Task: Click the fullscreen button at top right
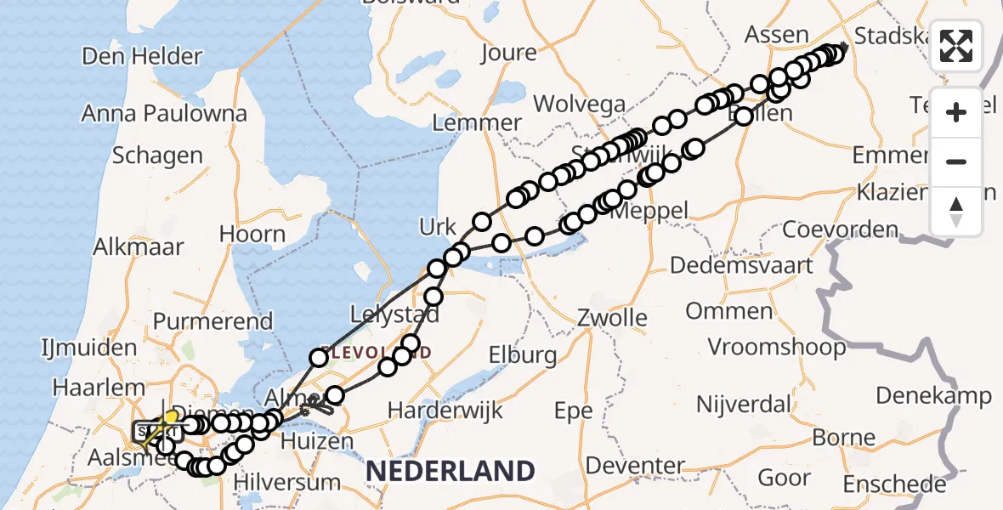click(956, 45)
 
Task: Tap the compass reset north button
click(956, 211)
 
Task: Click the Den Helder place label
click(142, 57)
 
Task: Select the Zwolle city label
click(612, 319)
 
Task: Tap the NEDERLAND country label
click(450, 470)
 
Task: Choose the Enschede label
click(894, 484)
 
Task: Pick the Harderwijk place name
click(444, 411)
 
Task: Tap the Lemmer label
click(477, 122)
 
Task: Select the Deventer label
click(635, 466)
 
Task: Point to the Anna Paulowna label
click(165, 114)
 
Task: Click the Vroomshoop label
click(778, 347)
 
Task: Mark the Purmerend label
click(213, 321)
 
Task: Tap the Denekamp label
click(933, 396)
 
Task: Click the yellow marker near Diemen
click(171, 416)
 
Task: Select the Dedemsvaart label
click(741, 265)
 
